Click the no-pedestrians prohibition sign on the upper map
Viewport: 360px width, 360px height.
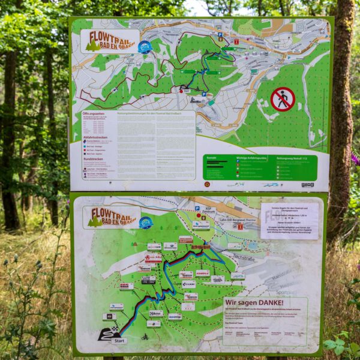[x=283, y=99]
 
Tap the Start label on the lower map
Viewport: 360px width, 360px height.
[x=119, y=340]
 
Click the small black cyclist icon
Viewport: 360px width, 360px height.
[x=144, y=337]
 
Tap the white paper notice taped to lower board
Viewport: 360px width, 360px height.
[x=289, y=220]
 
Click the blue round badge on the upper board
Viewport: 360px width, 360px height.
[x=145, y=47]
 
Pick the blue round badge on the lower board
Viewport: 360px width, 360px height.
[x=145, y=223]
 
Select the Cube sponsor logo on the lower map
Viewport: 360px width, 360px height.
[x=188, y=284]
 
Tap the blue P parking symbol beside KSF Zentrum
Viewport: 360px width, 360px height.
[x=197, y=209]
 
